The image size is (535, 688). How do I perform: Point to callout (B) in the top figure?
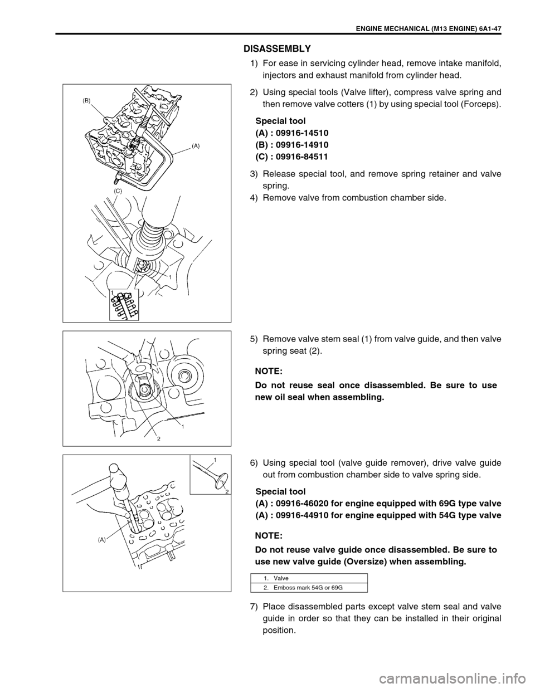pos(87,101)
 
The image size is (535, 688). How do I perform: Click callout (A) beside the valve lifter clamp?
pos(196,144)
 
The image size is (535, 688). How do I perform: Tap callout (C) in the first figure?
pos(118,190)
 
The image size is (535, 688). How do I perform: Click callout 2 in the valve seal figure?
pos(158,438)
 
